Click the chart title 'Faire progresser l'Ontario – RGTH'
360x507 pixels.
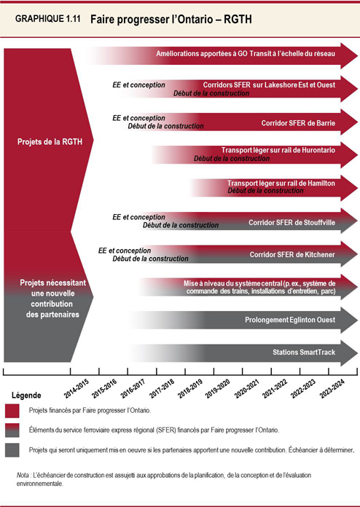click(x=171, y=22)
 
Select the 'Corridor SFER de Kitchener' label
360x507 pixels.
click(x=291, y=255)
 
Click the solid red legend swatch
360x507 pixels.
click(x=12, y=411)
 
